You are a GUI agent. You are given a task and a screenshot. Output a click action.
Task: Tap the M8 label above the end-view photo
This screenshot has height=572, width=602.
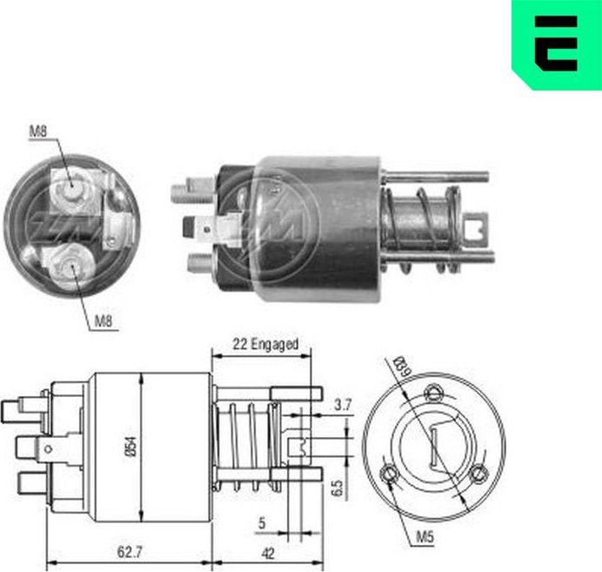tap(37, 132)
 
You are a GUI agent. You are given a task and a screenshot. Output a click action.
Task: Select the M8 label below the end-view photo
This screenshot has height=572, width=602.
tap(104, 320)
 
